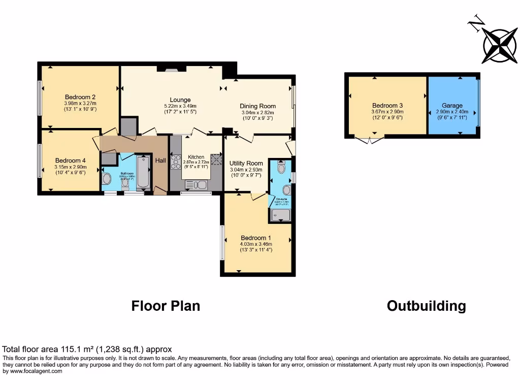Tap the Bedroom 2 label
80,97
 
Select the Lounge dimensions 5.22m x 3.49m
180,106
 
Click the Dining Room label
257,106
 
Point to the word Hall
160,160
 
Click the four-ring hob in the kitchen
176,162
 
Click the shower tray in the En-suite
280,216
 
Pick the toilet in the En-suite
282,167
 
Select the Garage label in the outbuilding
452,106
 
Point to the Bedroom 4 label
71,160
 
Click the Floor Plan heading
166,306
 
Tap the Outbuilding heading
426,306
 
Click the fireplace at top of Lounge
168,69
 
